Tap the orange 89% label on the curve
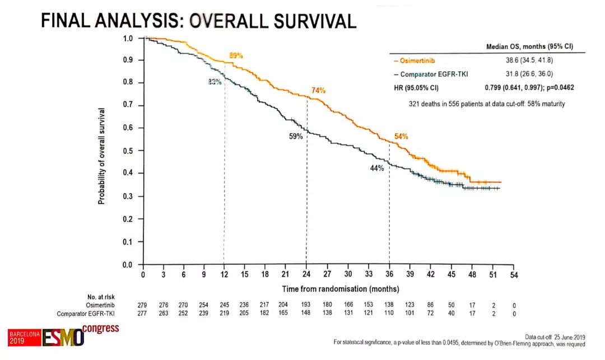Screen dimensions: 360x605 pyautogui.click(x=236, y=55)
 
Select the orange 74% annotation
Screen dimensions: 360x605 pyautogui.click(x=318, y=90)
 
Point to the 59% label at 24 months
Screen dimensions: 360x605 pyautogui.click(x=296, y=136)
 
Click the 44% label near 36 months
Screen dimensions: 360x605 pyautogui.click(x=376, y=168)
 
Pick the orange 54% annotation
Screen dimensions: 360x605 pyautogui.click(x=401, y=136)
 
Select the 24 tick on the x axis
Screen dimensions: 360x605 pyautogui.click(x=306, y=274)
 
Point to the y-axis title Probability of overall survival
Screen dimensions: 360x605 pyautogui.click(x=102, y=156)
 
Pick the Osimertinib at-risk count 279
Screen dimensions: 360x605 pyautogui.click(x=142, y=305)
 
